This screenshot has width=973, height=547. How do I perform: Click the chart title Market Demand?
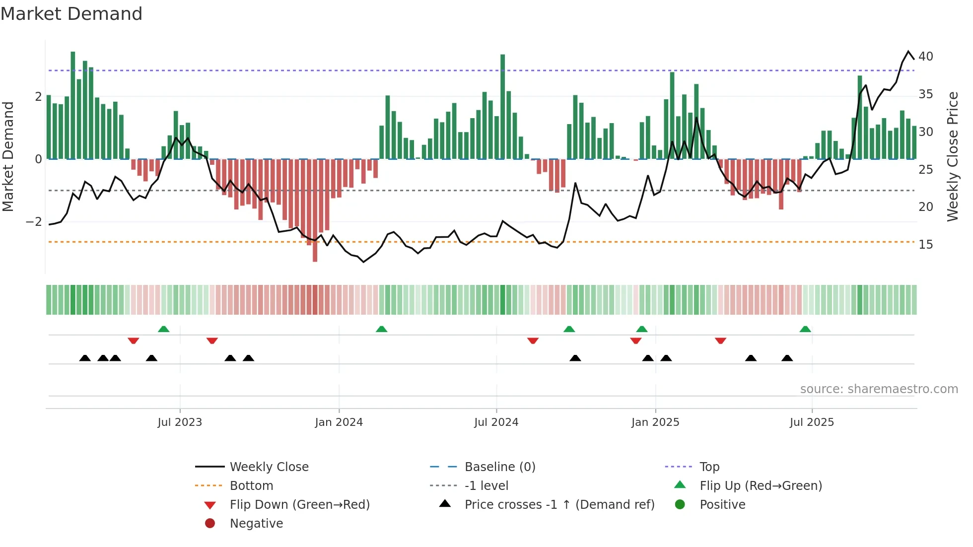pos(71,14)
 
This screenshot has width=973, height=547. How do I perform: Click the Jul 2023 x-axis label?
pos(180,422)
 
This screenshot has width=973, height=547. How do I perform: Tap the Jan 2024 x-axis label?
pos(339,422)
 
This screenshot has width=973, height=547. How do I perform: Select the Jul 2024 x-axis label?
pos(496,422)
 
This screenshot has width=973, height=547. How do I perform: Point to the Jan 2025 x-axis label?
pos(655,422)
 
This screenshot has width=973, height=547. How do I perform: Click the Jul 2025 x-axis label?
pos(812,422)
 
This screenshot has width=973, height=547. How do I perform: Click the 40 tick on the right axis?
pos(925,57)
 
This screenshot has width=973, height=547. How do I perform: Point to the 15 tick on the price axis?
pos(925,245)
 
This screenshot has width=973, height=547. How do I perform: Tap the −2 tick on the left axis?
pos(34,221)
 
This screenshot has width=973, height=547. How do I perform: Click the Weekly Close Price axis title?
pos(952,156)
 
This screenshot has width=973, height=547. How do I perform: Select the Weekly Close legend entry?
pos(269,467)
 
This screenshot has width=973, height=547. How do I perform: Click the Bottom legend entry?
pos(251,486)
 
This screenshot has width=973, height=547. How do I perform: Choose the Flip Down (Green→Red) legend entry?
pos(299,505)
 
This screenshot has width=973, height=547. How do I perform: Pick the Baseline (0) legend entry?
pos(499,467)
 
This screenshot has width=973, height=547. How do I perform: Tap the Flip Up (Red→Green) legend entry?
pos(761,486)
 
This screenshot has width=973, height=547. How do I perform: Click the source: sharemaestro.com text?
pos(879,389)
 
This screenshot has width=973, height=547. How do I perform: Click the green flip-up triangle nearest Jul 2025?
pos(805,329)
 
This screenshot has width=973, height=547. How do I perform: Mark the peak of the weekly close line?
pos(908,52)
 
